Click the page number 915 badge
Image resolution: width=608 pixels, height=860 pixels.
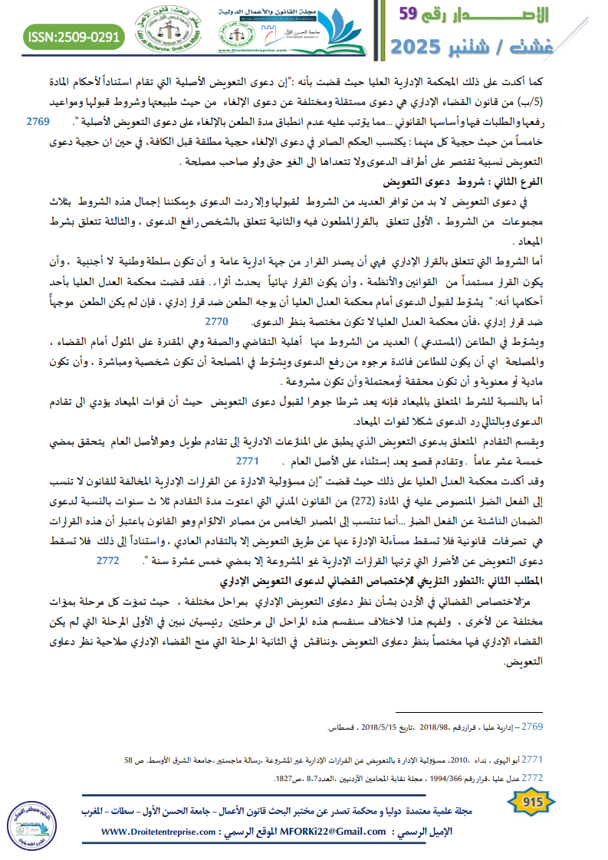[x=530, y=803]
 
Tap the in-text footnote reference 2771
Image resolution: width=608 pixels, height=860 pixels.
[x=247, y=462]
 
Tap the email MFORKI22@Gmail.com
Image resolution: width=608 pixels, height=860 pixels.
[x=335, y=831]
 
